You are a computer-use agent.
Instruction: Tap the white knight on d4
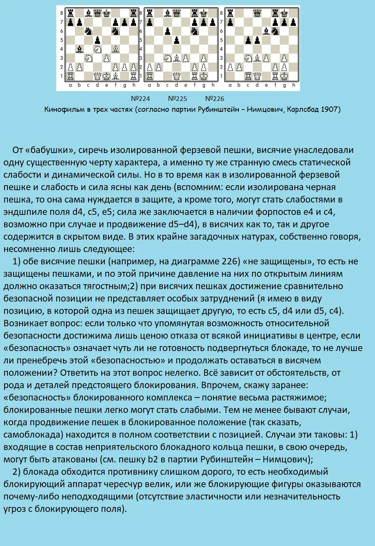tap(97, 49)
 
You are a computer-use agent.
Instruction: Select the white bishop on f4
tap(116, 49)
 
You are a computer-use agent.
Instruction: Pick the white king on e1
tap(107, 76)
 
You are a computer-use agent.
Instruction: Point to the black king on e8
tap(107, 13)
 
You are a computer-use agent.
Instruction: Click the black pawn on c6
tap(167, 31)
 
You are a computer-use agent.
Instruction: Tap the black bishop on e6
tap(266, 31)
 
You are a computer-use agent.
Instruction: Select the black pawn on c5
tap(248, 40)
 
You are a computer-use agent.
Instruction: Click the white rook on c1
tap(248, 76)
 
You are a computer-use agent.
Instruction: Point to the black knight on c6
tap(88, 31)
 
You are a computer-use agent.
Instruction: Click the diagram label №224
tap(140, 99)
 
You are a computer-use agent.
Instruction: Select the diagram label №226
tap(214, 99)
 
